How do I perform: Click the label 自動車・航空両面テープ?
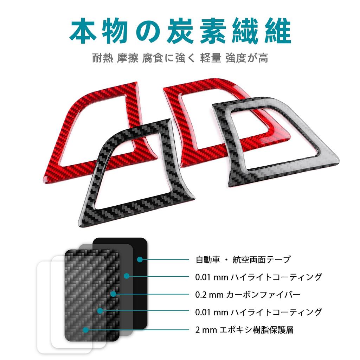[243, 260]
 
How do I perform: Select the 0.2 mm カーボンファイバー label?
[248, 294]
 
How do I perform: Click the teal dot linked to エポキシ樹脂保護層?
[85, 329]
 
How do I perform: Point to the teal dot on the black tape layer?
[140, 259]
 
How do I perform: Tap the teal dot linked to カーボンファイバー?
[113, 294]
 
